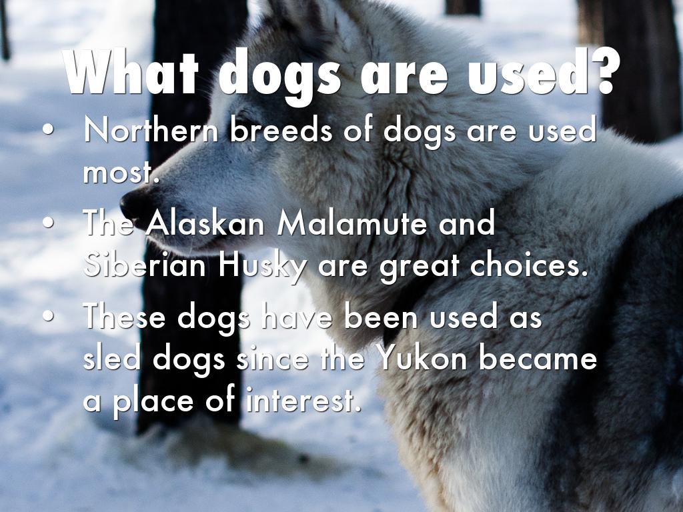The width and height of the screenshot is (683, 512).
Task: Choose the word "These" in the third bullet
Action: pos(124,317)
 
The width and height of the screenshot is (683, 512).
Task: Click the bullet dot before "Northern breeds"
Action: pos(47,131)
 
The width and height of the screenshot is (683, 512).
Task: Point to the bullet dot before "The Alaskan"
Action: pos(47,224)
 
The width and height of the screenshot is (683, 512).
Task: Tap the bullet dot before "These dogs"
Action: pos(47,317)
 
